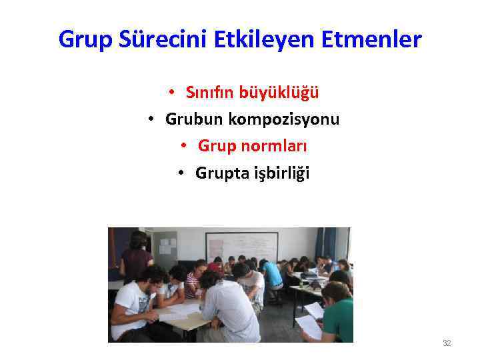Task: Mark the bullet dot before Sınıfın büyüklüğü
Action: tap(171, 92)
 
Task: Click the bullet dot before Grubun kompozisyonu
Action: tap(151, 119)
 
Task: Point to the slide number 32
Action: tap(447, 343)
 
